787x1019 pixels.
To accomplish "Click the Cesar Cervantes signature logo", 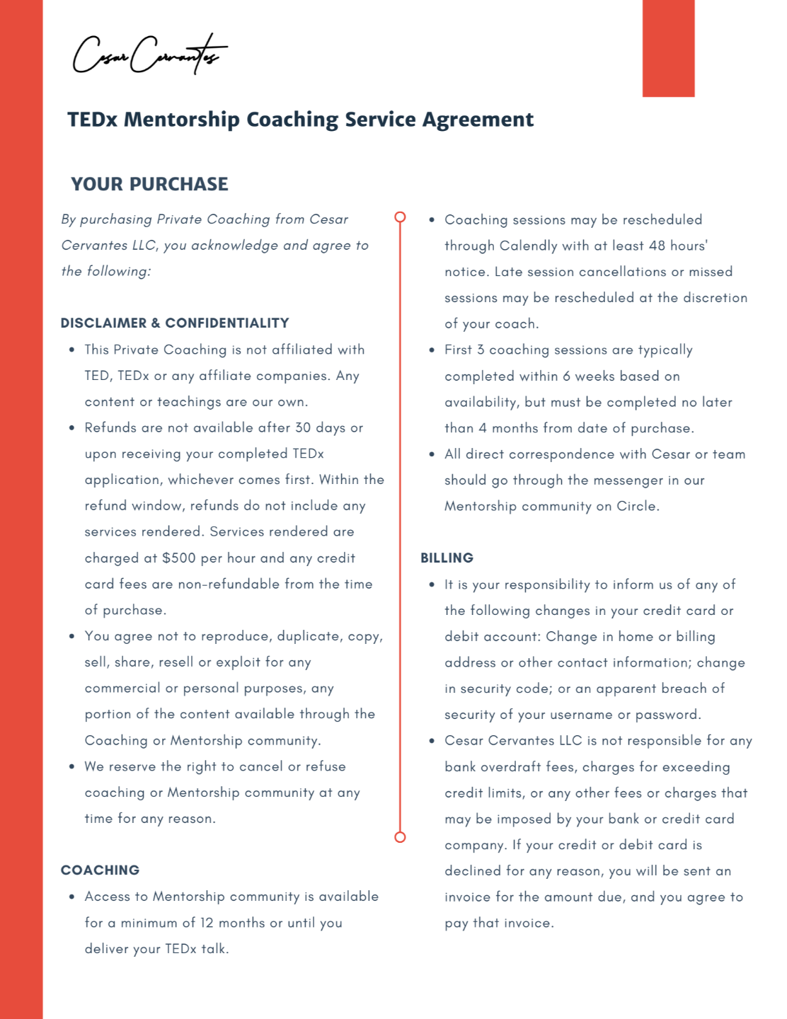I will (149, 54).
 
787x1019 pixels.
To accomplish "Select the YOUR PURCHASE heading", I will (149, 184).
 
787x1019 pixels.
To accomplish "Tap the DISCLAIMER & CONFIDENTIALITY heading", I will (175, 323).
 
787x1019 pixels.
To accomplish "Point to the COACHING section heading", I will (100, 870).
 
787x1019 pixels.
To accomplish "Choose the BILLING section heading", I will (447, 558).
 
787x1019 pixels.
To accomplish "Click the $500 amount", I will (178, 558).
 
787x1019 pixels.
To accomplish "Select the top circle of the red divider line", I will (400, 217).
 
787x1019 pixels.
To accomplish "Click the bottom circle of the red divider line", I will (400, 837).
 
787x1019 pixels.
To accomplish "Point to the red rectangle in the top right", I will (668, 48).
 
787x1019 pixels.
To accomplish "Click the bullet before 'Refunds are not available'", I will (71, 428).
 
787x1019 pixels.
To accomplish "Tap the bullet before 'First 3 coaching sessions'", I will (432, 350).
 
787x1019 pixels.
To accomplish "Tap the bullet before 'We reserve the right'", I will (71, 767).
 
